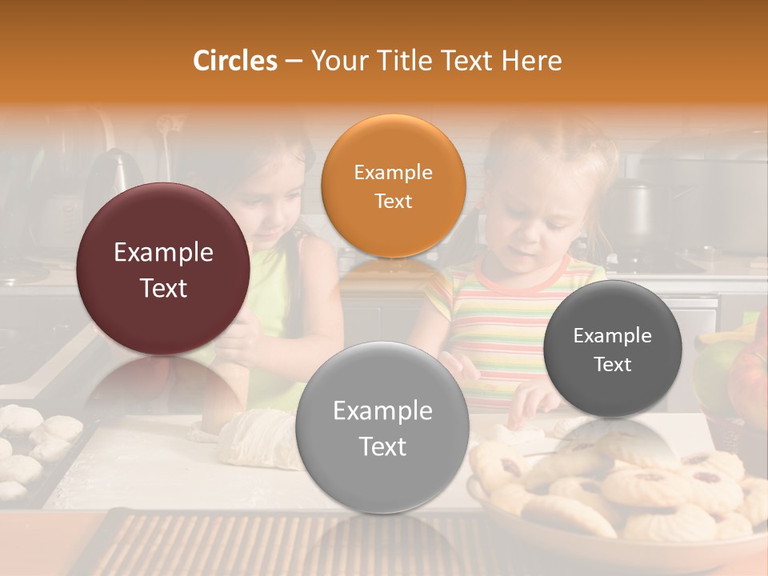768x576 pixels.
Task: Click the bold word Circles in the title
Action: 234,61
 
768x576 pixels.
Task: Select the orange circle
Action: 393,186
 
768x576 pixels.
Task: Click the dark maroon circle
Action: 163,270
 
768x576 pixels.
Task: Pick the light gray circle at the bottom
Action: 382,427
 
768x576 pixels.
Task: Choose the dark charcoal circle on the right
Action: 612,349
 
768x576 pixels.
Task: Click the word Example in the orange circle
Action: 393,172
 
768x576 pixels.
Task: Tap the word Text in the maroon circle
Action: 163,288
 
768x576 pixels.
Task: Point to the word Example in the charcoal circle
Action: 612,335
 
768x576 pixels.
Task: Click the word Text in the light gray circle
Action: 382,446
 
